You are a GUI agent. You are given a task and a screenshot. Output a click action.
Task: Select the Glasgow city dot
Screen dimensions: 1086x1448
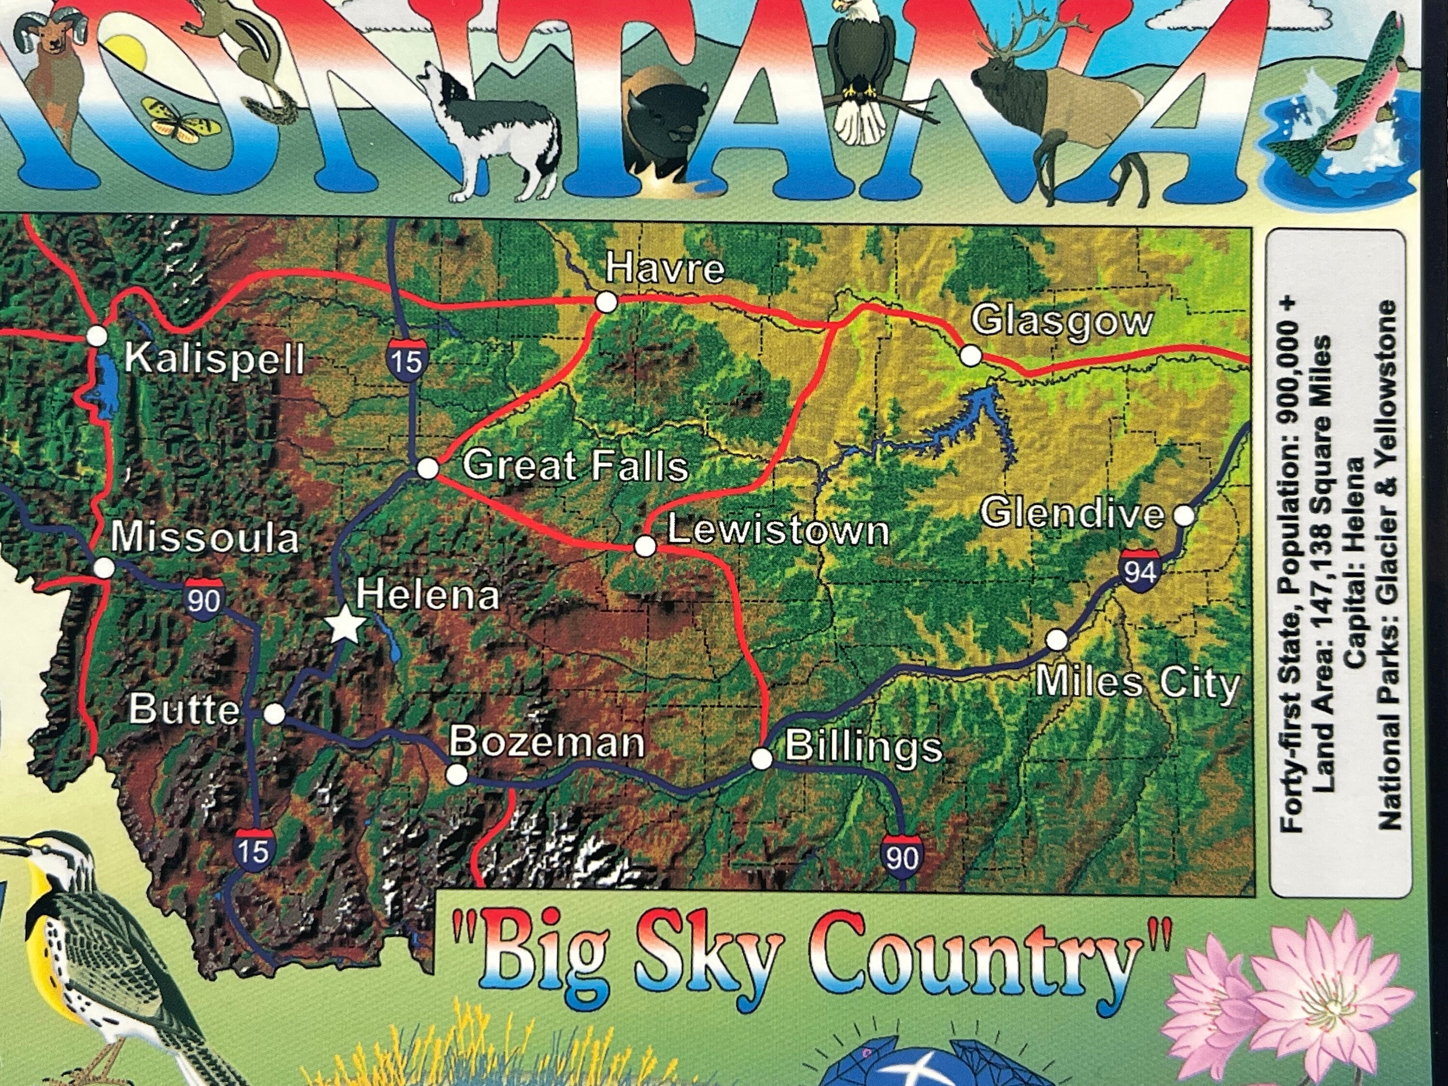pos(970,356)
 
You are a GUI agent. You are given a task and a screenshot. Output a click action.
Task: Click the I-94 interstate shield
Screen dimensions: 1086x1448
pos(1140,571)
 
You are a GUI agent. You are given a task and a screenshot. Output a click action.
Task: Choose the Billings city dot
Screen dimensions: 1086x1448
pos(761,759)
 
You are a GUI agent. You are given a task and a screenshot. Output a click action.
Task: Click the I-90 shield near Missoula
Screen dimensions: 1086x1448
pos(204,599)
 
